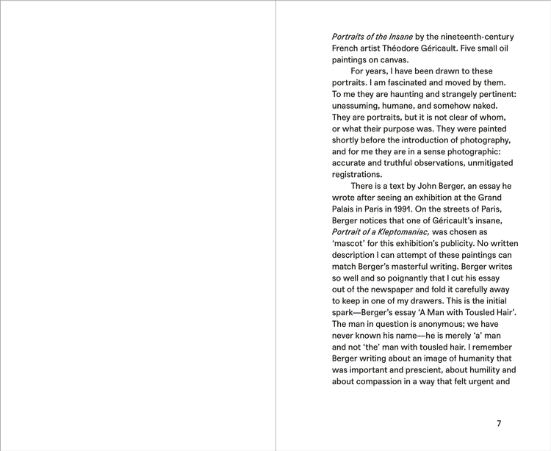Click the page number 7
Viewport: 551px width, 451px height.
click(x=499, y=423)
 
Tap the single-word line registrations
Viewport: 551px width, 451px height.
click(x=357, y=174)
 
